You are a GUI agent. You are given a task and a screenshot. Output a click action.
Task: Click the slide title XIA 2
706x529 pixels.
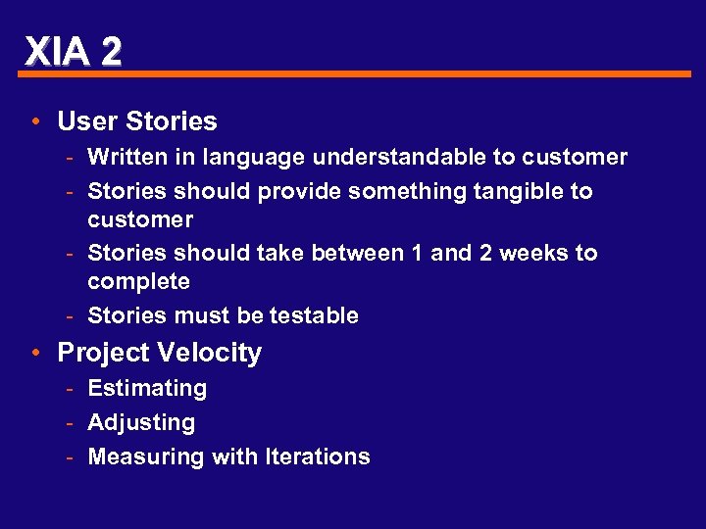[74, 50]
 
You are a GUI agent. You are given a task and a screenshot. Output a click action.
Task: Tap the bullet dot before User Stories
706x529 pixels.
[34, 121]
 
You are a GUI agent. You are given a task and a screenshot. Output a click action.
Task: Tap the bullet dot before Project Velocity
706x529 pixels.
[34, 353]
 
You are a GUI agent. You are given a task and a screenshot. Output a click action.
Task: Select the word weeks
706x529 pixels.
[534, 253]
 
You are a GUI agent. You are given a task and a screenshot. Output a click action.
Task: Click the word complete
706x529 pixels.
[138, 282]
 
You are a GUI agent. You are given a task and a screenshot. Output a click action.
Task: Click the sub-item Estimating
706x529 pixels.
[147, 388]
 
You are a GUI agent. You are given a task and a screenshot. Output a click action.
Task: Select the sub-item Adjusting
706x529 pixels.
[141, 422]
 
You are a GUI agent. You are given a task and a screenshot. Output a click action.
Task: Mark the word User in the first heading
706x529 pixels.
[82, 121]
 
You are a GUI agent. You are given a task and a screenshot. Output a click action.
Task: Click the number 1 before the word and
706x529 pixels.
[417, 253]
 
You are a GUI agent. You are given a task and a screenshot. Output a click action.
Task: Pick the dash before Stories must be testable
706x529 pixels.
[73, 315]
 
